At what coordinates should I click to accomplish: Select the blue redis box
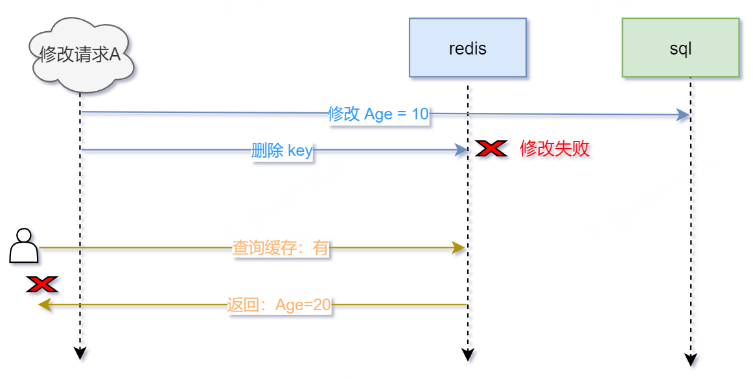coord(467,48)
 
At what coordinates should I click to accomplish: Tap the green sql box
coord(680,48)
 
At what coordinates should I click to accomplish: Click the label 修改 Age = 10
coord(378,114)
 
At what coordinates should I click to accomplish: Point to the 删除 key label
coord(282,151)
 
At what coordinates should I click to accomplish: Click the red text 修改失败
coord(555,149)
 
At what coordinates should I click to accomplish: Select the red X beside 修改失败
coord(491,149)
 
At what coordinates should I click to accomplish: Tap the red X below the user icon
coord(42,284)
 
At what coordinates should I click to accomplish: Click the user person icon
coord(24,245)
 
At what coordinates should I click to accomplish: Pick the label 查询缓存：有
coord(281,248)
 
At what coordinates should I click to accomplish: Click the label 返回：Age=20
coord(279,305)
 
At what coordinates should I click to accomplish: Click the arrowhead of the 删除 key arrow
coord(461,151)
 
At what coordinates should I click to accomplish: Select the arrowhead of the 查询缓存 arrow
coord(459,248)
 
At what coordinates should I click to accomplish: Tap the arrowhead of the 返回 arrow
coord(44,305)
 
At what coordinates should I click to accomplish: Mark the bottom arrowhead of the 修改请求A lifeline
coord(80,353)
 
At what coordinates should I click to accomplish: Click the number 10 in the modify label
coord(420,114)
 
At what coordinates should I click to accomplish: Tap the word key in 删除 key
coord(300,151)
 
